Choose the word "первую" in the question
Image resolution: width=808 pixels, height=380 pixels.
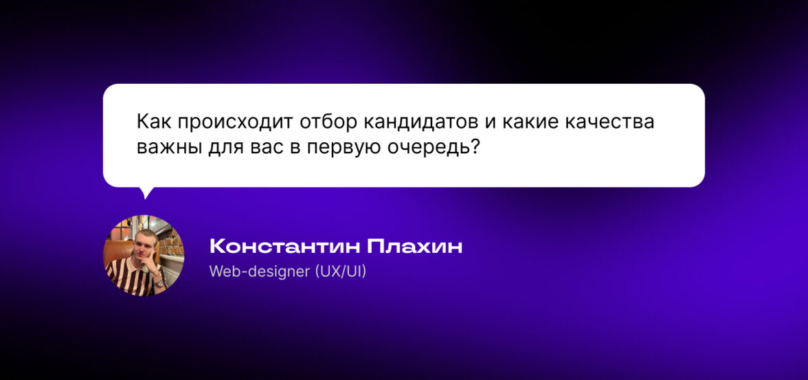[x=344, y=150]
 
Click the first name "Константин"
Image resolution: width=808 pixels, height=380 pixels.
[x=285, y=247]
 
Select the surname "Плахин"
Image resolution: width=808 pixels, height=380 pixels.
[x=414, y=247]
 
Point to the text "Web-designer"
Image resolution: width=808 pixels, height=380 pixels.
[x=259, y=271]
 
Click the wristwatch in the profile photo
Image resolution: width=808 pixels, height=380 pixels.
[x=159, y=282]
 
